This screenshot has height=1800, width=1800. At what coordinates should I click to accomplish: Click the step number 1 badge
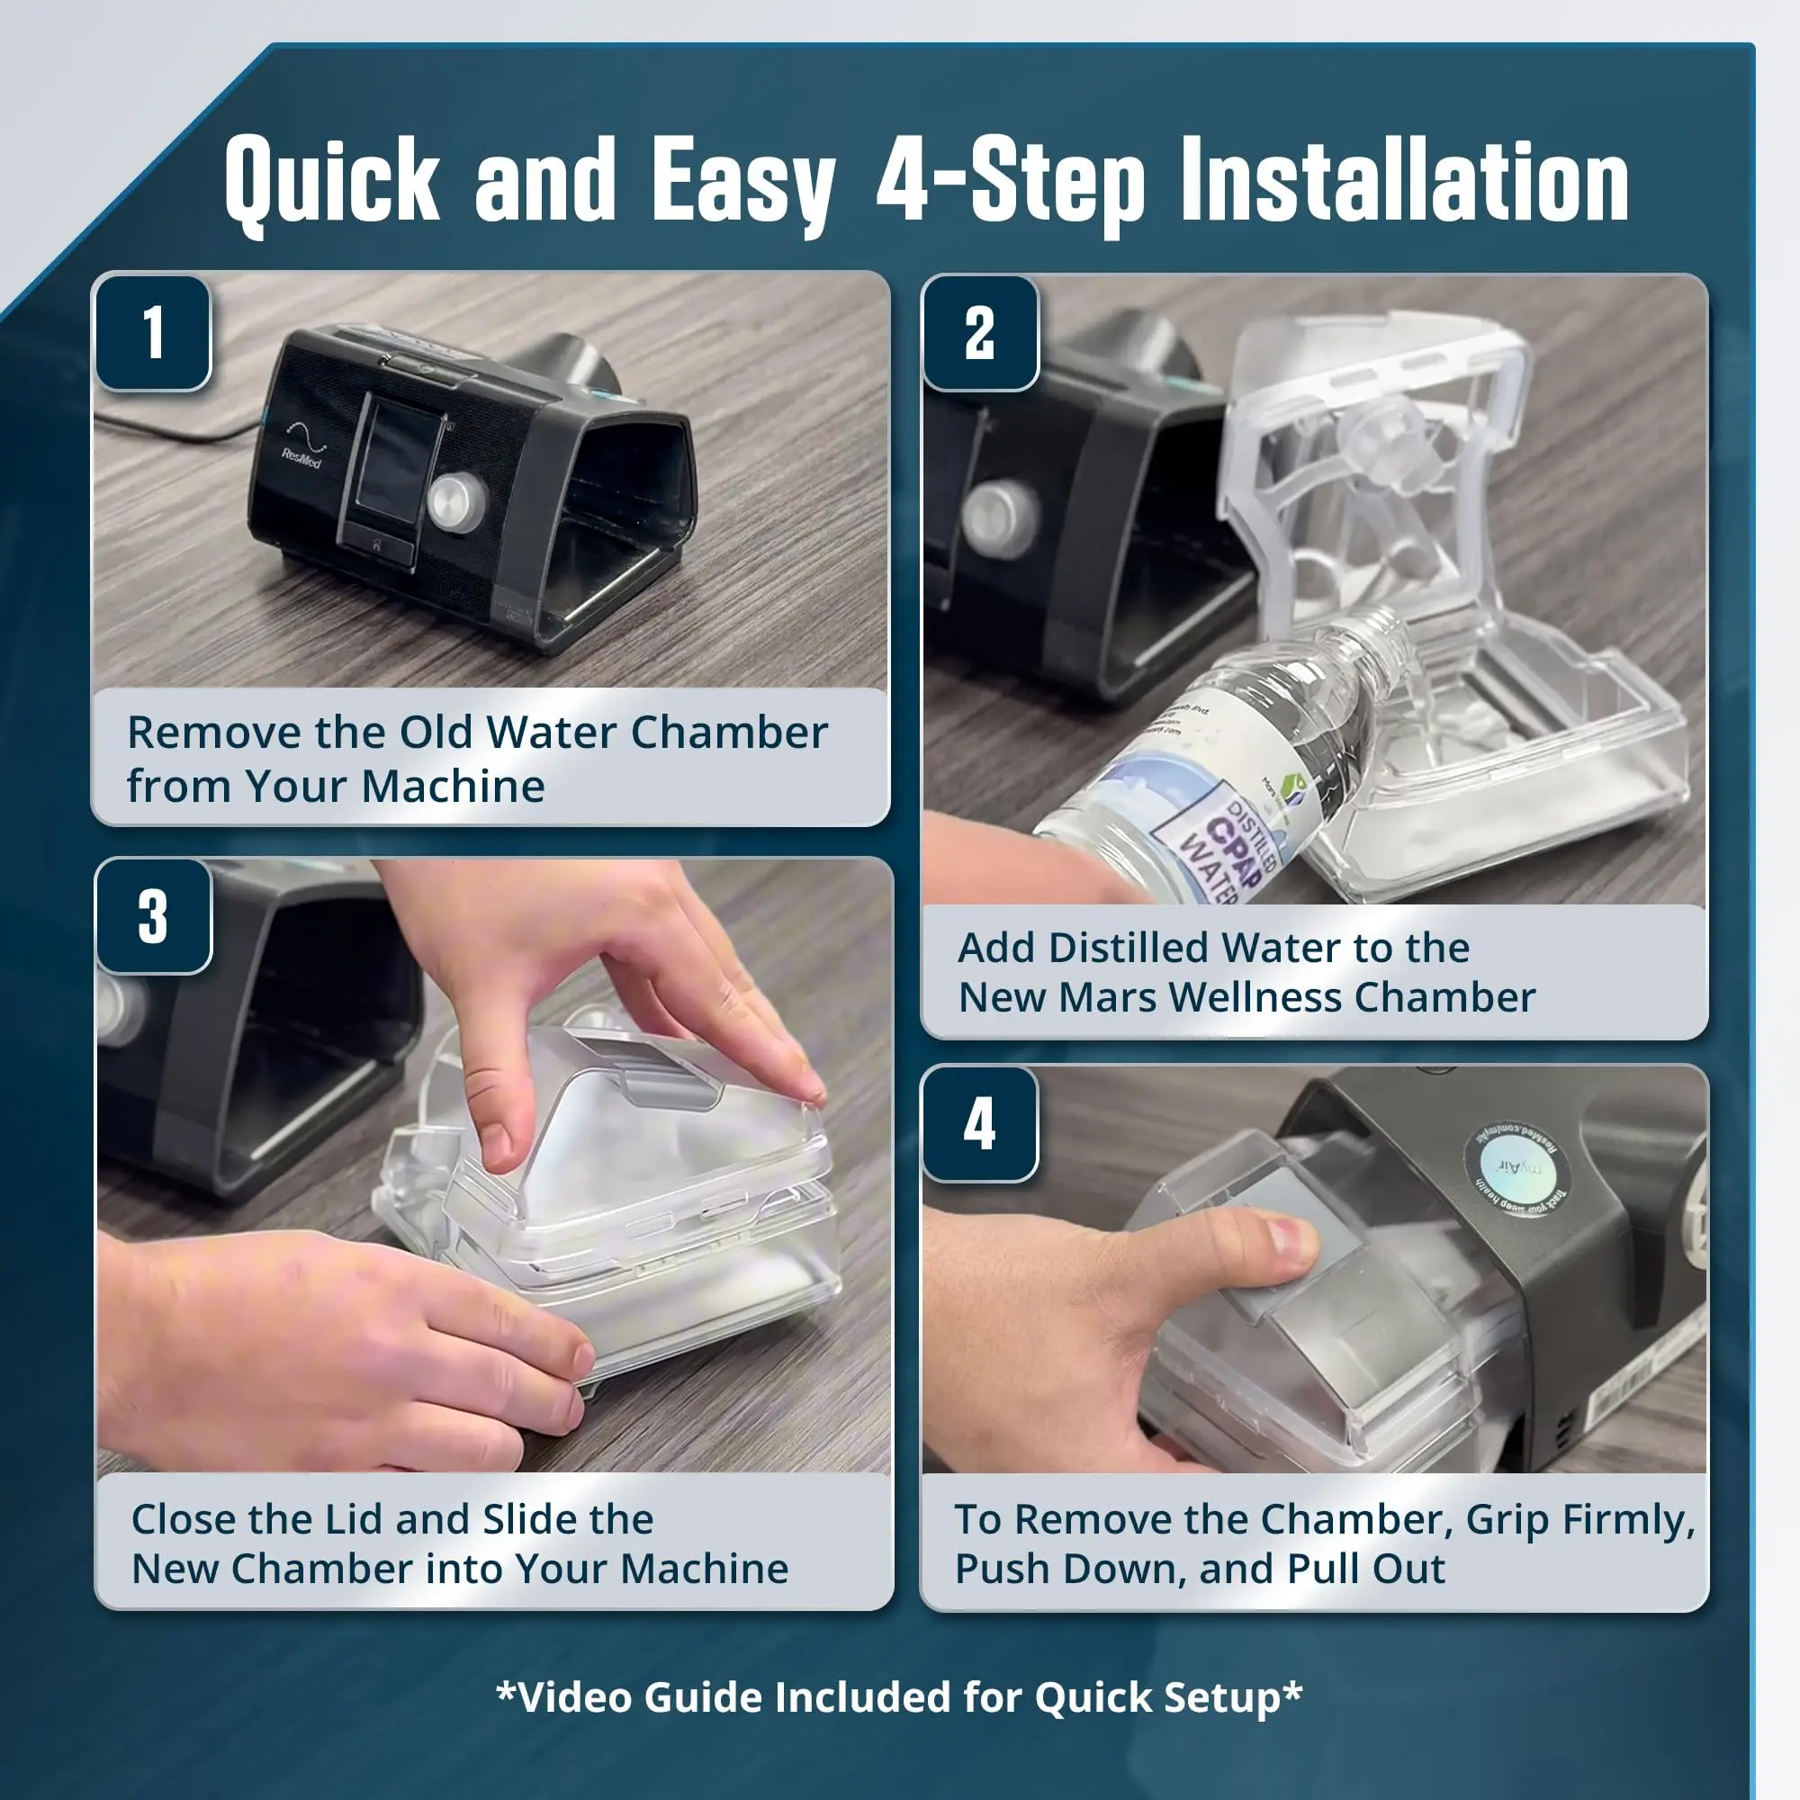(x=154, y=333)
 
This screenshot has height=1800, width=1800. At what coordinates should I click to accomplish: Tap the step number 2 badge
(x=979, y=333)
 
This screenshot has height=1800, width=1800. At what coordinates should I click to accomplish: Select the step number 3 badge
(x=154, y=917)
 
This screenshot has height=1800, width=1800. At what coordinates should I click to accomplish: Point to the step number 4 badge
(x=979, y=1123)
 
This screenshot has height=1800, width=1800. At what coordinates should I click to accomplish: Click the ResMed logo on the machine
(x=302, y=446)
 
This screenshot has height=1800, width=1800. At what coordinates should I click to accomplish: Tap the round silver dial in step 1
(x=457, y=502)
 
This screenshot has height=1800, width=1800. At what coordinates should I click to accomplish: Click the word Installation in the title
(x=1404, y=182)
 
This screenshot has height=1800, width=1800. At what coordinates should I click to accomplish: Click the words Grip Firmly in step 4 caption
(x=1579, y=1519)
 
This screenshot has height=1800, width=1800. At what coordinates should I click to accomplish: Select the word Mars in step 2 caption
(x=1109, y=998)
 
